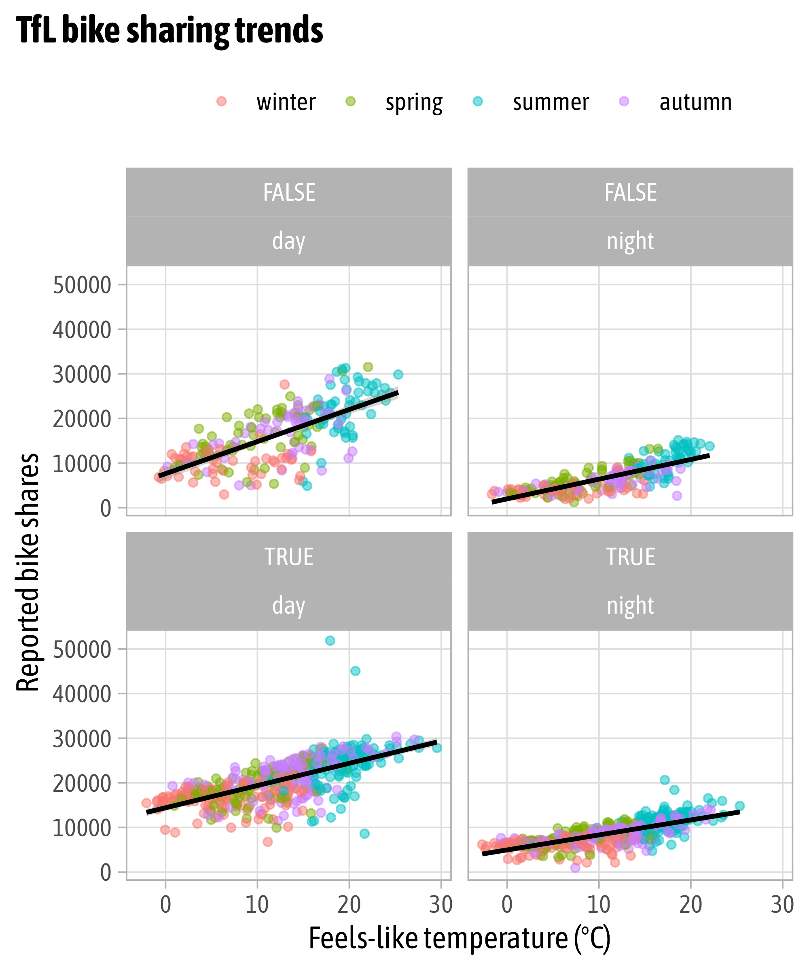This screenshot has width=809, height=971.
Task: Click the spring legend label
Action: pyautogui.click(x=414, y=103)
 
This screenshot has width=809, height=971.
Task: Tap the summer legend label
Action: pyautogui.click(x=551, y=102)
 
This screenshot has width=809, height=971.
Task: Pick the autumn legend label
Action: pyautogui.click(x=695, y=102)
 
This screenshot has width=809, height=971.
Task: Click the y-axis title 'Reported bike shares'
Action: pyautogui.click(x=28, y=572)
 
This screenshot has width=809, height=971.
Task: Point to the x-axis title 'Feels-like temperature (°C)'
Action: pyautogui.click(x=460, y=939)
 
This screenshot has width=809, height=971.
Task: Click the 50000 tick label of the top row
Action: pyautogui.click(x=82, y=285)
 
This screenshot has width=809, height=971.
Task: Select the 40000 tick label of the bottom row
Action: pyautogui.click(x=82, y=694)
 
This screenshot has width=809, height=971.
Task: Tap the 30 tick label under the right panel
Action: pyautogui.click(x=782, y=905)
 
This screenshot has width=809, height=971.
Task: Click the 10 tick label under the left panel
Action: pyautogui.click(x=257, y=905)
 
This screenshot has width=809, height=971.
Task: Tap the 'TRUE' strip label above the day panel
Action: pyautogui.click(x=288, y=557)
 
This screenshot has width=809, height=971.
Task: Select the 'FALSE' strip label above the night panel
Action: pyautogui.click(x=630, y=192)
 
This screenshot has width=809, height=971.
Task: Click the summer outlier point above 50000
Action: pyautogui.click(x=330, y=640)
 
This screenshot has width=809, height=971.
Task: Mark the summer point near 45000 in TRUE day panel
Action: pyautogui.click(x=355, y=671)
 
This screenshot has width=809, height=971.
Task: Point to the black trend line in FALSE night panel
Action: pyautogui.click(x=601, y=479)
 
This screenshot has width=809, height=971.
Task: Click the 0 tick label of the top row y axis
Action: pyautogui.click(x=106, y=509)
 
